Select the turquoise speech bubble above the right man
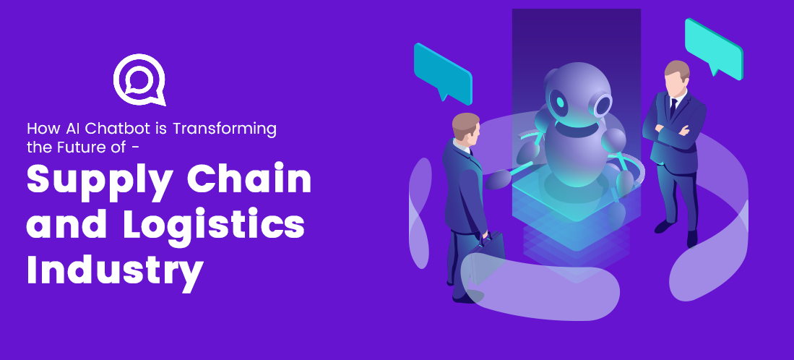coord(713,47)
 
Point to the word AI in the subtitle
coord(67,129)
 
